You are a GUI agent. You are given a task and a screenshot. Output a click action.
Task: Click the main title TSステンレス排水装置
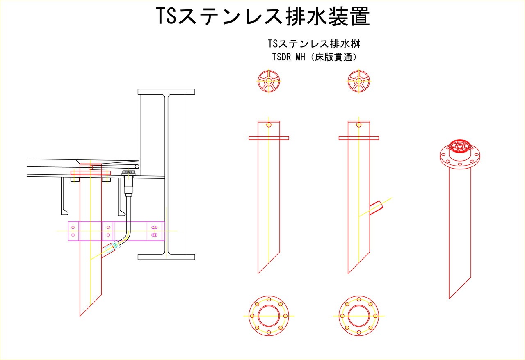(x=263, y=16)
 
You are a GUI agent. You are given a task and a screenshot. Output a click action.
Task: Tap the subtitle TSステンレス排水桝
(x=314, y=44)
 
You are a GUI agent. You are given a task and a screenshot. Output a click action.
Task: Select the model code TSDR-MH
(x=288, y=57)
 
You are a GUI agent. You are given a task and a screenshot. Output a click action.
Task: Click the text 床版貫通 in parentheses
(x=334, y=57)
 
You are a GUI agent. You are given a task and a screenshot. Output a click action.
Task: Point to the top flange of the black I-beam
(x=167, y=92)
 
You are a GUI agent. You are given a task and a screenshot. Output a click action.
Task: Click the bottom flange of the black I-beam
(x=167, y=257)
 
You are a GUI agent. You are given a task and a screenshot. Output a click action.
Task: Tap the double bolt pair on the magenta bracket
(x=154, y=231)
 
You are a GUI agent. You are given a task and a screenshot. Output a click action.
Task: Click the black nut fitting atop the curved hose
(x=128, y=173)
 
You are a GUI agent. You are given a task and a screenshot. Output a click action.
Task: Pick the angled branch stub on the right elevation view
(x=377, y=207)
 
